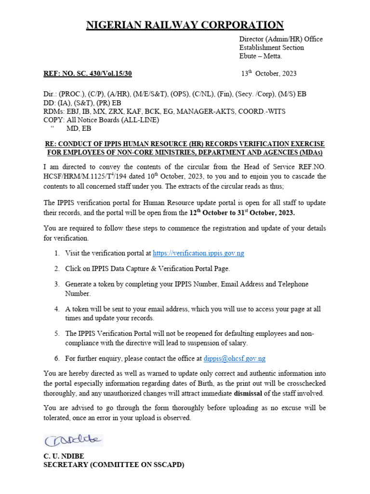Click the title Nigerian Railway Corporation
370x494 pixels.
(x=185, y=25)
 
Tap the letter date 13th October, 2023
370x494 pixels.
(x=269, y=74)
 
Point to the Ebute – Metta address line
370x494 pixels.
(x=261, y=56)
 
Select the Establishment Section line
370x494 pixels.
(x=272, y=48)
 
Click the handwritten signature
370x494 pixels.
(x=73, y=439)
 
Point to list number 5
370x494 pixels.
(x=56, y=333)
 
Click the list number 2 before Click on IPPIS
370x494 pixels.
(x=56, y=268)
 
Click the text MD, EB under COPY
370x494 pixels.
(x=79, y=129)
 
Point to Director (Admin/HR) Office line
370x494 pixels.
(x=281, y=39)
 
